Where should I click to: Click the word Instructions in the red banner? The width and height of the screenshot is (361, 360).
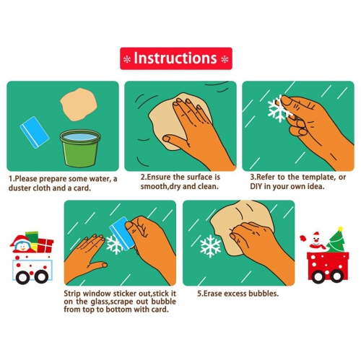coord(175,58)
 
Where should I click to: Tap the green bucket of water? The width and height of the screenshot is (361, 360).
coord(80,148)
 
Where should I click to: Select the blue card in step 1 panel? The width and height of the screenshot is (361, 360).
coord(35,132)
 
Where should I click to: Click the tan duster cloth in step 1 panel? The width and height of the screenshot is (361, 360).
coord(79,105)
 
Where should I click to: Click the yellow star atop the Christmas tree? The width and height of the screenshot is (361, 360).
coord(340,229)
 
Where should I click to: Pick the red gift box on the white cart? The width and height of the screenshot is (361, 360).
coord(45,245)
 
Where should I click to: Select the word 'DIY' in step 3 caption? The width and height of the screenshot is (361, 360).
coord(256,186)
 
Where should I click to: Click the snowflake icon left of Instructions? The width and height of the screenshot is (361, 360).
coord(127,59)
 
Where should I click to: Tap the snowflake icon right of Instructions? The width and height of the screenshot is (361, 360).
coord(225,59)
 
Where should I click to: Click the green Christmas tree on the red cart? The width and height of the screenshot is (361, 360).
coord(336,240)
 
